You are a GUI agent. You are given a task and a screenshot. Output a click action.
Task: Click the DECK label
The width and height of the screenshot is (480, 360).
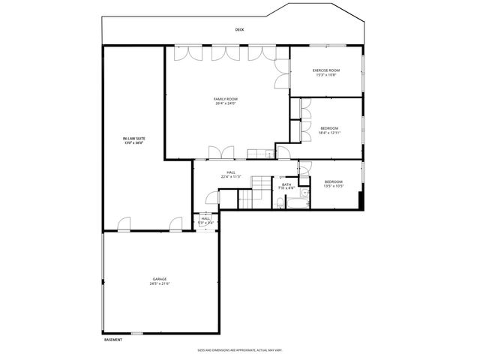point(239,30)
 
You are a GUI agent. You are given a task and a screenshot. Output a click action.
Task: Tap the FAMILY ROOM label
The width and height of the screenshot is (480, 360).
point(225,99)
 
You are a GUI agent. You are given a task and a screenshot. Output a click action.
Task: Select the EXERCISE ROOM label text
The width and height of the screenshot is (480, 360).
point(326,70)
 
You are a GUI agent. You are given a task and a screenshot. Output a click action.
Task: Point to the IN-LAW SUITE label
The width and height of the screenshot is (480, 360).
point(133,139)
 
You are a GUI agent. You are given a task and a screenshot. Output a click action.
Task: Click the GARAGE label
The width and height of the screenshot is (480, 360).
point(160,279)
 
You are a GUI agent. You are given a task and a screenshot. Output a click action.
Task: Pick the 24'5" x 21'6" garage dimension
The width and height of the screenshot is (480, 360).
point(160,284)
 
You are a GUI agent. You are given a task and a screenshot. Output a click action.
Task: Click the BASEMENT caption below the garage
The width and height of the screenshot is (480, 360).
point(113,340)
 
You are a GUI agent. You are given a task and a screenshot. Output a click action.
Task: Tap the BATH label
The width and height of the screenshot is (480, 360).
point(286,184)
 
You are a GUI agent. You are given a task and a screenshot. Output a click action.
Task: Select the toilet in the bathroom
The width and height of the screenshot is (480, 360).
point(280,202)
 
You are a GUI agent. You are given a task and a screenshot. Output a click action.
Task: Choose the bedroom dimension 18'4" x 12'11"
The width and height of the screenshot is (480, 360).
point(329,133)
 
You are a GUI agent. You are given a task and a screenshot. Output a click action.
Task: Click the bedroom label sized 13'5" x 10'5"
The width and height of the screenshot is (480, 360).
point(334,181)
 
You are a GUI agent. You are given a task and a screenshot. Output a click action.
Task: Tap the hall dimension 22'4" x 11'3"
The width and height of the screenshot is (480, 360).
point(231,177)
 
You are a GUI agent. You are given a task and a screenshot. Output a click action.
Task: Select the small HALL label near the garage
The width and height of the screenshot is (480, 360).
point(205,219)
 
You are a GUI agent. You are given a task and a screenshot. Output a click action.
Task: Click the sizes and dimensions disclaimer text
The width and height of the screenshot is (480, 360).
point(239,349)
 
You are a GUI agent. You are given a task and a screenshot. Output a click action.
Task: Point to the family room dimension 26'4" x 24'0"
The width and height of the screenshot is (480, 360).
point(225,103)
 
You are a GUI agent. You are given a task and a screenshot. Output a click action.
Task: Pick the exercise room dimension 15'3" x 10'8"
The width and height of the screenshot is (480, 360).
point(326,75)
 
